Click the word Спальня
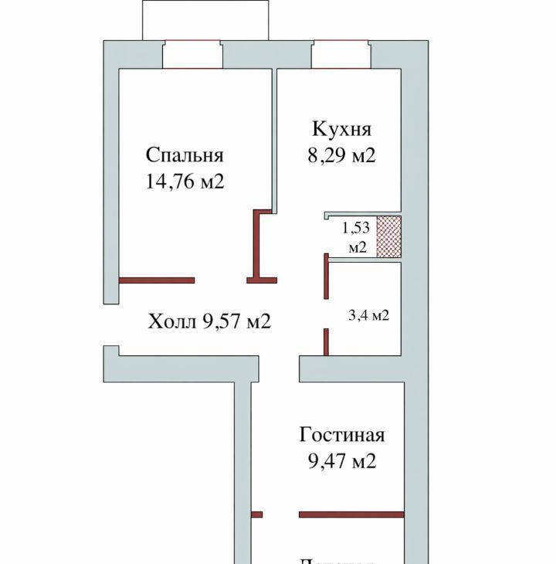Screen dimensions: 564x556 (x=185, y=155)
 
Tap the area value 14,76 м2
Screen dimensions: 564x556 (x=184, y=182)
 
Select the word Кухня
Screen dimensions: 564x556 (x=341, y=129)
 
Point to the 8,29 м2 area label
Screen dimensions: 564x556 (x=341, y=155)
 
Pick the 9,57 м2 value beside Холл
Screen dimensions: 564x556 (x=236, y=321)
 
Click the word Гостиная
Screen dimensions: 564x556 (x=341, y=435)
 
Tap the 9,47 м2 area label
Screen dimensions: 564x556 (x=341, y=461)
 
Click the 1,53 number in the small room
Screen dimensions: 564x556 (x=356, y=228)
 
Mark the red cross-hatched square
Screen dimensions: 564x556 (x=388, y=236)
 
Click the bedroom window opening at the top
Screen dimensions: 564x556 (x=192, y=54)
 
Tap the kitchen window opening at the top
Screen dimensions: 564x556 (x=341, y=54)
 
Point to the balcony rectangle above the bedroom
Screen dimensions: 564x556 (x=205, y=19)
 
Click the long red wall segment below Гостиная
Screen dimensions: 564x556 (x=351, y=514)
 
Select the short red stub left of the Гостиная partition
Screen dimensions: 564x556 (x=257, y=514)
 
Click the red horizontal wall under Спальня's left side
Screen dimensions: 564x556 (x=156, y=280)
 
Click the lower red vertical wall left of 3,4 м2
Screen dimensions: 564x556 (x=326, y=341)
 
